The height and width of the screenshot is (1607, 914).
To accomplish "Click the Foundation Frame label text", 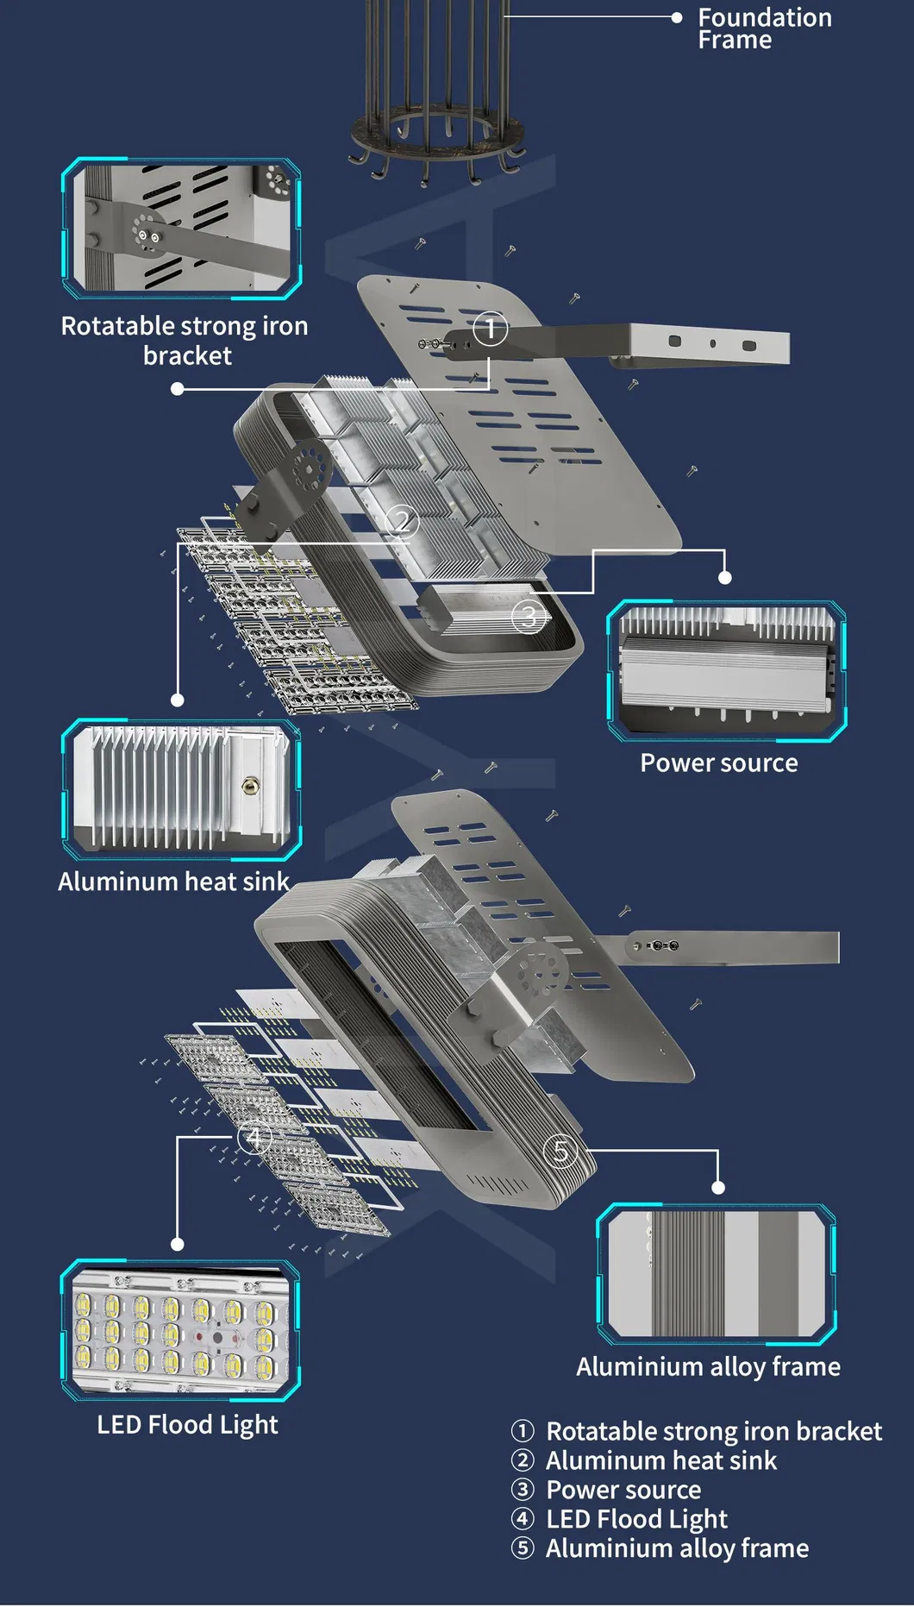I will point(764,28).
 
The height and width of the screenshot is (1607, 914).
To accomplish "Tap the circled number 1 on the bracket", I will point(491,329).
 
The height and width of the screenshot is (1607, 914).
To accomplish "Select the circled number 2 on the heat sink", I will point(402,521).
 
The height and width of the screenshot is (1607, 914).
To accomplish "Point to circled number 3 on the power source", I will point(529,616).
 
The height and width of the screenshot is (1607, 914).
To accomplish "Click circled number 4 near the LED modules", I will point(254,1138).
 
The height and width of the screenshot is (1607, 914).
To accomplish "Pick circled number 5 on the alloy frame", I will point(561,1151).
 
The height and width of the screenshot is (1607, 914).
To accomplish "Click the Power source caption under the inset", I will point(718,763).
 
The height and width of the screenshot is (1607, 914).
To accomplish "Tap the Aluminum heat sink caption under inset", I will point(173,882).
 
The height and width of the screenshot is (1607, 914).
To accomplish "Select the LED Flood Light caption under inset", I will point(187,1424).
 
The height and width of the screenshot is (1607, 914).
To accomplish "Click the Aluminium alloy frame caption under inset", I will point(708,1366).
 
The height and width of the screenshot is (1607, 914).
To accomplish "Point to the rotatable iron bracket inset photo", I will point(181,229).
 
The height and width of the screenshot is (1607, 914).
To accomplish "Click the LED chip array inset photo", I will point(180,1330).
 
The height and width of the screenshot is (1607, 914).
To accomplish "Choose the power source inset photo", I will point(726,670).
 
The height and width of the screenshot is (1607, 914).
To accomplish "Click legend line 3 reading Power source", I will point(623,1490).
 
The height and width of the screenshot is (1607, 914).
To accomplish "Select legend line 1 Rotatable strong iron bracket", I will point(713,1431).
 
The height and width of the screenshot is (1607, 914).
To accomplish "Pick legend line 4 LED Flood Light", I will point(636,1519).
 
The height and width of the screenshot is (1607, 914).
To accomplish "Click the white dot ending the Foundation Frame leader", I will point(677,16).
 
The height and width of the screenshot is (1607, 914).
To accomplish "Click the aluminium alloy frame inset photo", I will point(716,1273).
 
